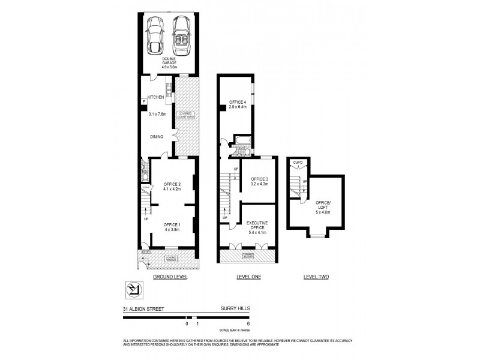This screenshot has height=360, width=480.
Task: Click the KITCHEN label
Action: click(156, 97)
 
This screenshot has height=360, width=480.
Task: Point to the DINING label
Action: click(157, 137)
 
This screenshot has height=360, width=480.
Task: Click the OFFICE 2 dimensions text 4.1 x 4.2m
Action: click(172, 188)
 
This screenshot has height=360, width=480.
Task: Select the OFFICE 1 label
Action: click(172, 224)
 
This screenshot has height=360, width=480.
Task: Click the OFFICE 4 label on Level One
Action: click(237, 103)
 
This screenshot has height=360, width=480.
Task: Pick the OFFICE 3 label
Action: click(259, 179)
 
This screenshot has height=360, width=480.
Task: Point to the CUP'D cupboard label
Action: click(297, 163)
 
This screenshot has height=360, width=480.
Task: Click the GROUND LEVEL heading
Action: click(170, 278)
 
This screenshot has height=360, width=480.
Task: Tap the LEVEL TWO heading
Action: click(316, 278)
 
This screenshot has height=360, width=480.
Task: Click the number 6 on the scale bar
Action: click(248, 324)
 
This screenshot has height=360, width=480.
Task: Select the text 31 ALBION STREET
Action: click(143, 310)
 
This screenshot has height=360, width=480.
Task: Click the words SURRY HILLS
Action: click(235, 310)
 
